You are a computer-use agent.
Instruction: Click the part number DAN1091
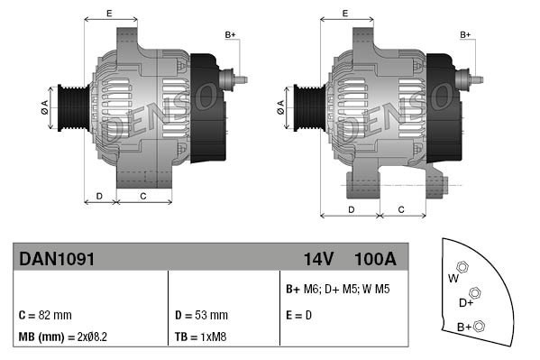coord(57,258)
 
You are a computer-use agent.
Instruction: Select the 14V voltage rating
coord(317,258)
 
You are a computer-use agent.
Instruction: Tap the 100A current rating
coord(376,258)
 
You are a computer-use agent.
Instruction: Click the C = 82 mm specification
coord(44,316)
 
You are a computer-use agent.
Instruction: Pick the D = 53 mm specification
coord(200,316)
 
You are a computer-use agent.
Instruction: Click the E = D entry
coord(299,316)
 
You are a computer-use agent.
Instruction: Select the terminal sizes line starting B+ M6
coord(338,290)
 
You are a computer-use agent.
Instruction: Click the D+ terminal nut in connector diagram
coord(475,293)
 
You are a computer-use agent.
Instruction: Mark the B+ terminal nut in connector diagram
coord(480,326)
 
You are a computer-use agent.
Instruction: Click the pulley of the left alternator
coord(69,107)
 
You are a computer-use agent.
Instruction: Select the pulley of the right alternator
coord(304,107)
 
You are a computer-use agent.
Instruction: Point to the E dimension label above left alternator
coord(109,13)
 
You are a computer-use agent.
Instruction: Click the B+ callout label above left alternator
coord(229,34)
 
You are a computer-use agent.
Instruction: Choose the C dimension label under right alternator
coord(400,209)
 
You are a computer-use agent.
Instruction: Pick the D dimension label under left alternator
coord(99,196)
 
